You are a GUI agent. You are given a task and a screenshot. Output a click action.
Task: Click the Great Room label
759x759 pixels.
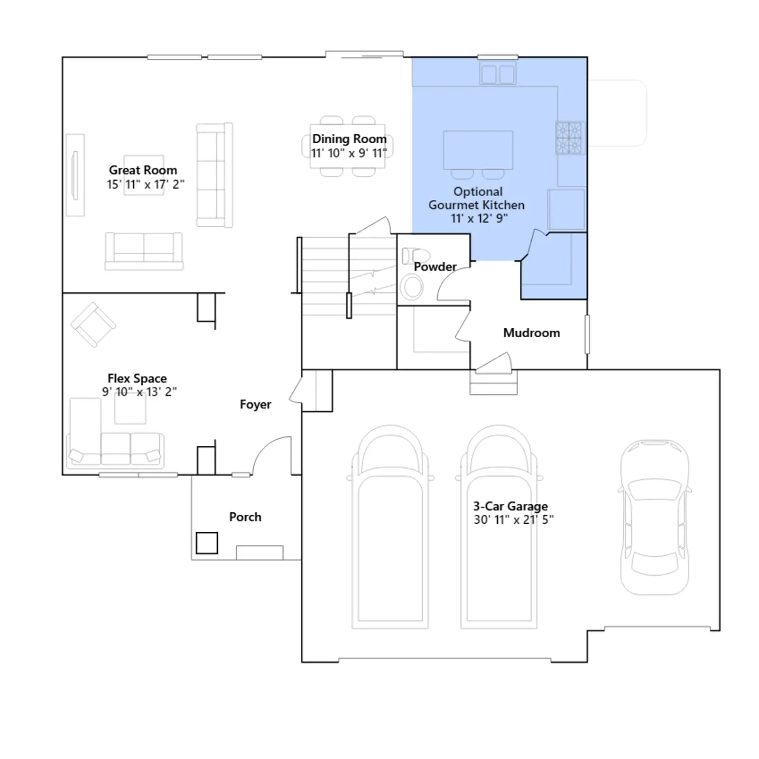[143, 170]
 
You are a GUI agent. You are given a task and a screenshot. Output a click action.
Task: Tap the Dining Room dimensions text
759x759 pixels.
[349, 153]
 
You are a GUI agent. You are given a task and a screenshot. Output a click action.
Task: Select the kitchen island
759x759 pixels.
[478, 150]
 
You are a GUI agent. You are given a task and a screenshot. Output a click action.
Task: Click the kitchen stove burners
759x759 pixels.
[569, 138]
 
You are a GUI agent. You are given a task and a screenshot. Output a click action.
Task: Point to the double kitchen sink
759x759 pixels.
[498, 74]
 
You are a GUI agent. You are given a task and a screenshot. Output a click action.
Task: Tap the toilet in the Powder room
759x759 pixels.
[415, 256]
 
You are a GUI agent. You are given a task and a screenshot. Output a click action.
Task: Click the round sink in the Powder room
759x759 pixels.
[412, 287]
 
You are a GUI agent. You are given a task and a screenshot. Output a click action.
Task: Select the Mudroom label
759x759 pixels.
[531, 333]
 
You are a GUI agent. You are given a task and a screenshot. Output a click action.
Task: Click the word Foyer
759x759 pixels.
[255, 404]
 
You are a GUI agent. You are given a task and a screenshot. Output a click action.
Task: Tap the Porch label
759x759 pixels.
[245, 517]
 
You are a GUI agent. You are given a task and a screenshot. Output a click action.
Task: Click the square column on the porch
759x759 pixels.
[207, 543]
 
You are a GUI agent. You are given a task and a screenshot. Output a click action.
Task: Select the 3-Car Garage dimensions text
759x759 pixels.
[513, 520]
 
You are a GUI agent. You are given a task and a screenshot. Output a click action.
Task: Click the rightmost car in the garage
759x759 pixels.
[655, 517]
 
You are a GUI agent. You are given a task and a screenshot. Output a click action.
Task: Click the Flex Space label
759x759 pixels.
[137, 378]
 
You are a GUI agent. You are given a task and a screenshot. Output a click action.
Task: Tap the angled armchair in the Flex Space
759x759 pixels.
[93, 325]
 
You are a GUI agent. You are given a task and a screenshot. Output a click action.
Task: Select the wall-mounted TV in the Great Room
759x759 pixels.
[74, 175]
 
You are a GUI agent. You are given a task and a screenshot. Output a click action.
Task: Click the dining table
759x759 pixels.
[348, 146]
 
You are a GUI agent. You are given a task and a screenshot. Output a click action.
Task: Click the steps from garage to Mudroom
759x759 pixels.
[493, 382]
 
